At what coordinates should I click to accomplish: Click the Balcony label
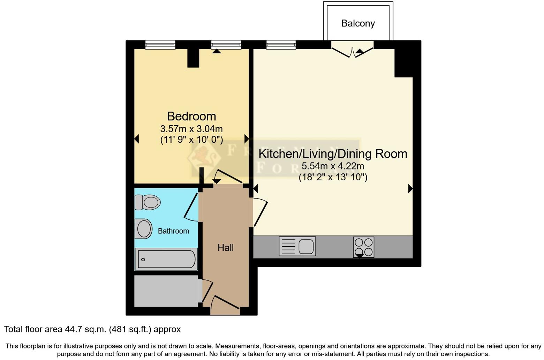coord(358,23)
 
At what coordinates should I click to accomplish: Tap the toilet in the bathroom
coord(148,202)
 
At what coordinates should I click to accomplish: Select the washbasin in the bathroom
coord(143,229)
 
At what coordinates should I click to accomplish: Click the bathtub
coord(166,259)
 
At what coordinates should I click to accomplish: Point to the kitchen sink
coord(297,246)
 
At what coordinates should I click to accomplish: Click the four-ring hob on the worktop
coord(363,247)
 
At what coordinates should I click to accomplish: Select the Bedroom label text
coord(191,116)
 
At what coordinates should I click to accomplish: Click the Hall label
coord(225,248)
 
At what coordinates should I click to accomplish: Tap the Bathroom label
coord(173,231)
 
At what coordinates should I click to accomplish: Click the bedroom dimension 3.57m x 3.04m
coord(191,129)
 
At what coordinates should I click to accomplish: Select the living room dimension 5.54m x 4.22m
coord(333,166)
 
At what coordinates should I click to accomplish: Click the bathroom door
coord(191,207)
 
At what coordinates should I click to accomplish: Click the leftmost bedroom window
coord(160,44)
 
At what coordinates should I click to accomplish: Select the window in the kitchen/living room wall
coord(281,44)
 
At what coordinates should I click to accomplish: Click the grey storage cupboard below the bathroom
coord(166,291)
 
